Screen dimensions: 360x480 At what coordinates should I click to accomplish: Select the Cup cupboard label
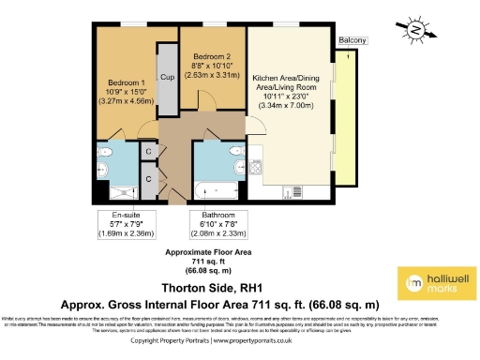coord(167,77)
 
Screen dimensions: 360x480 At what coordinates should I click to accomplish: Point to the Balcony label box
coord(352,40)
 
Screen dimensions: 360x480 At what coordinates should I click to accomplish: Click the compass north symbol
coord(414,31)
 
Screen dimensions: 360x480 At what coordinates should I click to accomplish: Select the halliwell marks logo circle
coord(411,282)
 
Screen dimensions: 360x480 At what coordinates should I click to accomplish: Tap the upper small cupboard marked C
coord(148,151)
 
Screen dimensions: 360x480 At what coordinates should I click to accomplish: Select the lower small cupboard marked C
coord(148,177)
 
